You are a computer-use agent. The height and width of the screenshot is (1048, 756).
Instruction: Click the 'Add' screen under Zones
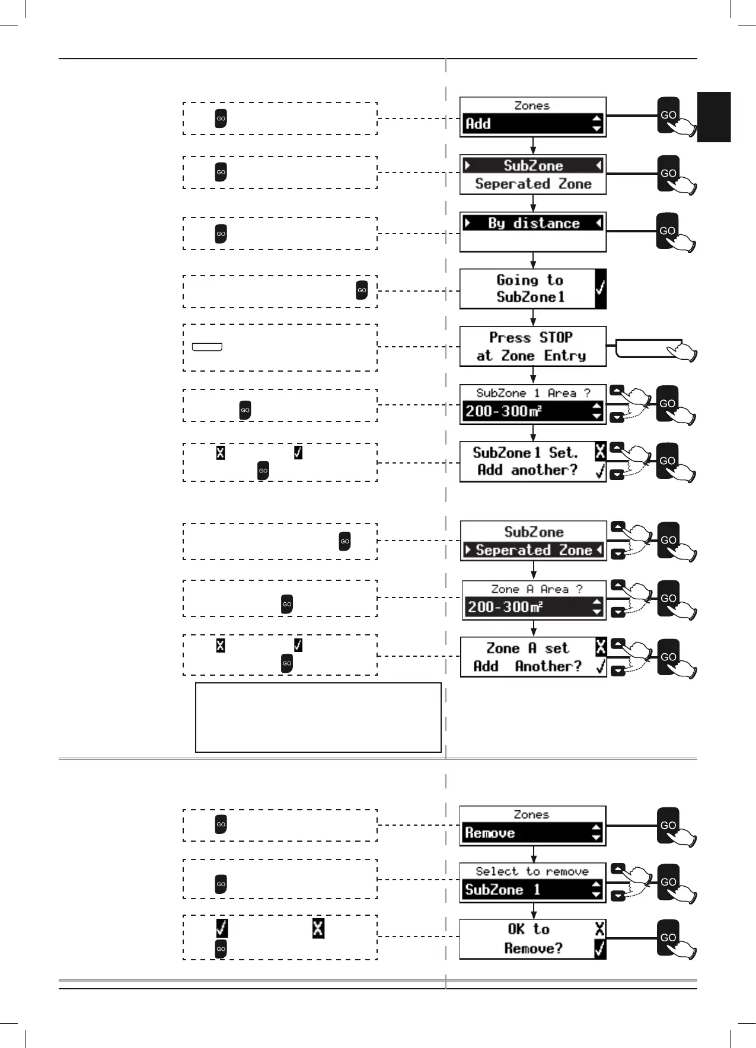click(532, 117)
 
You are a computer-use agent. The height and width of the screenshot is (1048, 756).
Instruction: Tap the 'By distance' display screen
click(532, 232)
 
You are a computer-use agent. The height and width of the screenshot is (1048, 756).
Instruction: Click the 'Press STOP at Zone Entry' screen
click(532, 346)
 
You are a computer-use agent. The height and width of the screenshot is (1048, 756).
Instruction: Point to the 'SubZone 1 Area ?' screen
click(532, 404)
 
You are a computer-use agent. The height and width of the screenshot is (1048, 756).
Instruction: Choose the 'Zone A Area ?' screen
click(534, 599)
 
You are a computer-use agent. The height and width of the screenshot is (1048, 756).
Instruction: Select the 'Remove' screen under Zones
click(532, 825)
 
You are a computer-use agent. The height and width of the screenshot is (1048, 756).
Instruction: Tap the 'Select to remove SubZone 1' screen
click(532, 882)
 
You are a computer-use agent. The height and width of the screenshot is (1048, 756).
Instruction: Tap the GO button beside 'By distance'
click(668, 231)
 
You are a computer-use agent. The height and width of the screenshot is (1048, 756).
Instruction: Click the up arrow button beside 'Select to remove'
click(617, 868)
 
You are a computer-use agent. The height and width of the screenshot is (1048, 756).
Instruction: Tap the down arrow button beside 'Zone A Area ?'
click(617, 612)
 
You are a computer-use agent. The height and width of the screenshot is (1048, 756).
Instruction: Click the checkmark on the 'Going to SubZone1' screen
click(600, 289)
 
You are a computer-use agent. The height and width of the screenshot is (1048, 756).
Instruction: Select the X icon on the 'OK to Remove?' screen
click(600, 929)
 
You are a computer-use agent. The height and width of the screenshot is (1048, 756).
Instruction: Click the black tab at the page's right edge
click(714, 117)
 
